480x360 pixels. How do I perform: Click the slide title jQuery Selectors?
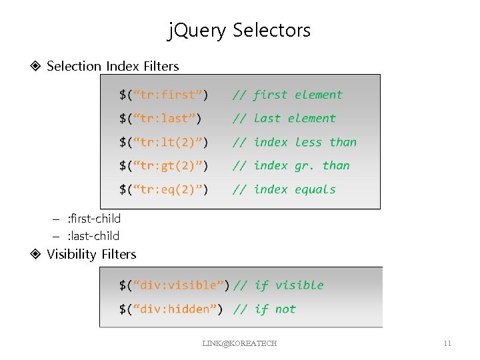coord(239,30)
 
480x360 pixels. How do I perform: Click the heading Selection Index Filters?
coord(113,66)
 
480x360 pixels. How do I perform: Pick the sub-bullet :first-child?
coord(94,218)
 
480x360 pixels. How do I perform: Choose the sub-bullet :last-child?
coord(93,235)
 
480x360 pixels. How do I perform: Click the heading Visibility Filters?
coord(91,254)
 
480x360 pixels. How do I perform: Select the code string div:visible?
coord(179,285)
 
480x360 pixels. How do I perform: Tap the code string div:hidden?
coord(176,309)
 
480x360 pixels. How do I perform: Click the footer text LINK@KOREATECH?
coord(239,343)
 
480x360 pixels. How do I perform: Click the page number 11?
coord(447,343)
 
